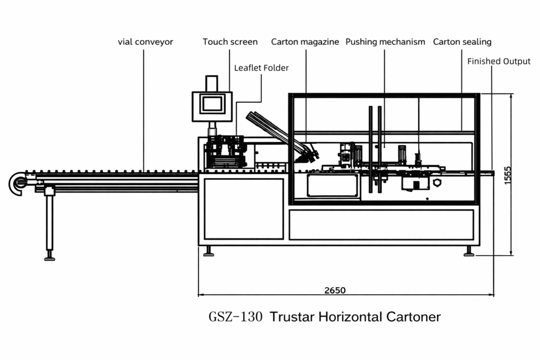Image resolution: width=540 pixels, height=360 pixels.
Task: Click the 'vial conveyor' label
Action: pos(145,42)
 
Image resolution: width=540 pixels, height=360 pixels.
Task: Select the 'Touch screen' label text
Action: pos(230,42)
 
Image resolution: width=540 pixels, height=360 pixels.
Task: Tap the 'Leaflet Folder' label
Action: pos(261,68)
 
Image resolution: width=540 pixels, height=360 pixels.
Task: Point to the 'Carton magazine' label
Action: pos(305,42)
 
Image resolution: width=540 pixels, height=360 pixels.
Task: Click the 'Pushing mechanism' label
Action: pos(385,42)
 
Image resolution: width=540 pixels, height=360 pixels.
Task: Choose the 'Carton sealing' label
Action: pos(462,42)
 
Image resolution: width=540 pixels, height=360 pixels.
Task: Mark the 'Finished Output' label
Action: pos(498,61)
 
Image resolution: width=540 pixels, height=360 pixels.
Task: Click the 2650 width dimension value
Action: pos(335,290)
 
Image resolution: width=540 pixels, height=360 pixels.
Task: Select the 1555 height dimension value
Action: pos(507,175)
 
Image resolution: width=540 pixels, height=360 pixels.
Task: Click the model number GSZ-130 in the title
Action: pos(235,317)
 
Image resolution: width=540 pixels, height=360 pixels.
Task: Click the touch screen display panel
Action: pos(212,103)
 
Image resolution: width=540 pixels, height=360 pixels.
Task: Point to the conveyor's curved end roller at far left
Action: pos(17,183)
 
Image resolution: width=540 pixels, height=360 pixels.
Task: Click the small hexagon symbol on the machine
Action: pos(437,183)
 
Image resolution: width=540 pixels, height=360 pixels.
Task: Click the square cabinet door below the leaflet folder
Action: pos(244,209)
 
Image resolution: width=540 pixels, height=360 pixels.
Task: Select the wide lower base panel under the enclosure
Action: pos(381,225)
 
